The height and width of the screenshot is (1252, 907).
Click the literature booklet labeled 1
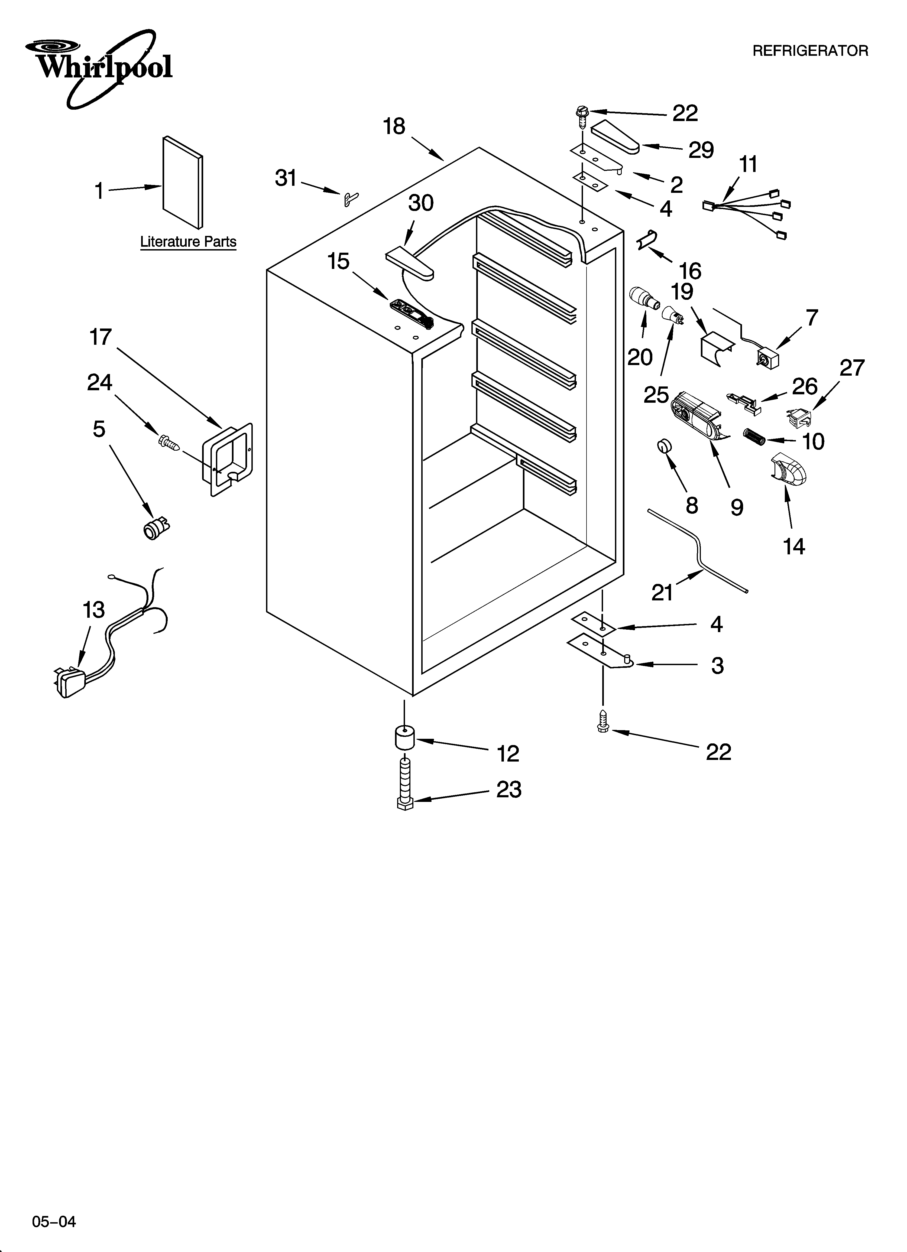click(x=182, y=182)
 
